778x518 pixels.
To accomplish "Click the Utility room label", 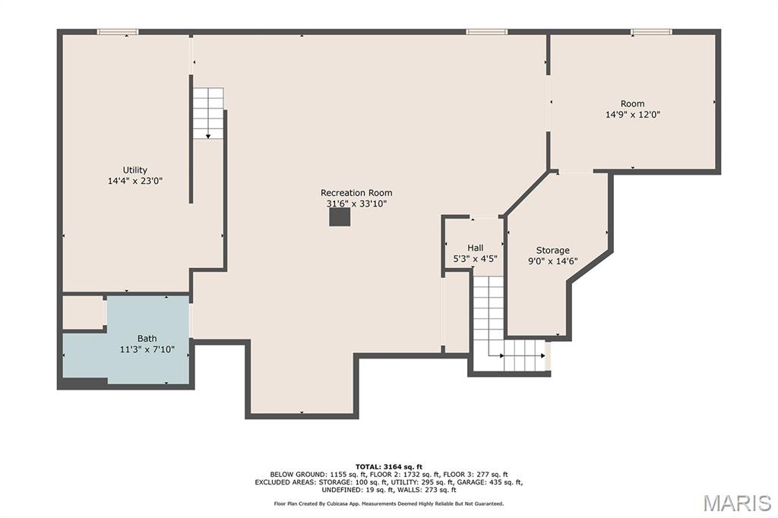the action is [x=135, y=170].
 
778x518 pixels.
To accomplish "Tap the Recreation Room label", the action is [x=356, y=192].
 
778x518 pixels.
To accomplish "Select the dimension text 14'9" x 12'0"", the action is [x=633, y=115].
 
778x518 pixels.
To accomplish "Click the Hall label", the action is [x=476, y=248].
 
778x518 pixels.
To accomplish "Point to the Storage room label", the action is [x=553, y=251].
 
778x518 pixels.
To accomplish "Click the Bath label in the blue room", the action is [x=147, y=339].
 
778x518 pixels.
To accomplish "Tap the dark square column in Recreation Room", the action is [x=340, y=217].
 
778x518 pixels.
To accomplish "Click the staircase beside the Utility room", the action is [x=208, y=113].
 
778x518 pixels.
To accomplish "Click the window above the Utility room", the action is [x=118, y=32].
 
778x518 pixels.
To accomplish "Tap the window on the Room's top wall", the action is [x=651, y=32].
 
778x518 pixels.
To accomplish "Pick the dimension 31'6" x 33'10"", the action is [x=356, y=204].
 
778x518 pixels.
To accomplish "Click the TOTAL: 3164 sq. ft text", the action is [x=389, y=466].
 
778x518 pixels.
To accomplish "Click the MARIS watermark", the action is [x=737, y=503].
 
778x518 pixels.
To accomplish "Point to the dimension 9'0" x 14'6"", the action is [x=553, y=261].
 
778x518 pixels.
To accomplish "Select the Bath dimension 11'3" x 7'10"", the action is [x=147, y=349].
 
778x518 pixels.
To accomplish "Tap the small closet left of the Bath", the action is [x=84, y=312].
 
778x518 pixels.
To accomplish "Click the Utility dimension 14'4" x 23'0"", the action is [x=135, y=181].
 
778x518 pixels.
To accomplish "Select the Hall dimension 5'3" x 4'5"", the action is [x=476, y=258].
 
